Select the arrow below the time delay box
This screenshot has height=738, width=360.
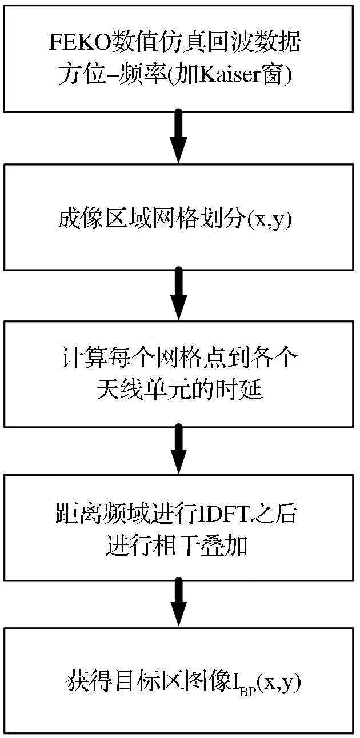click(x=179, y=449)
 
